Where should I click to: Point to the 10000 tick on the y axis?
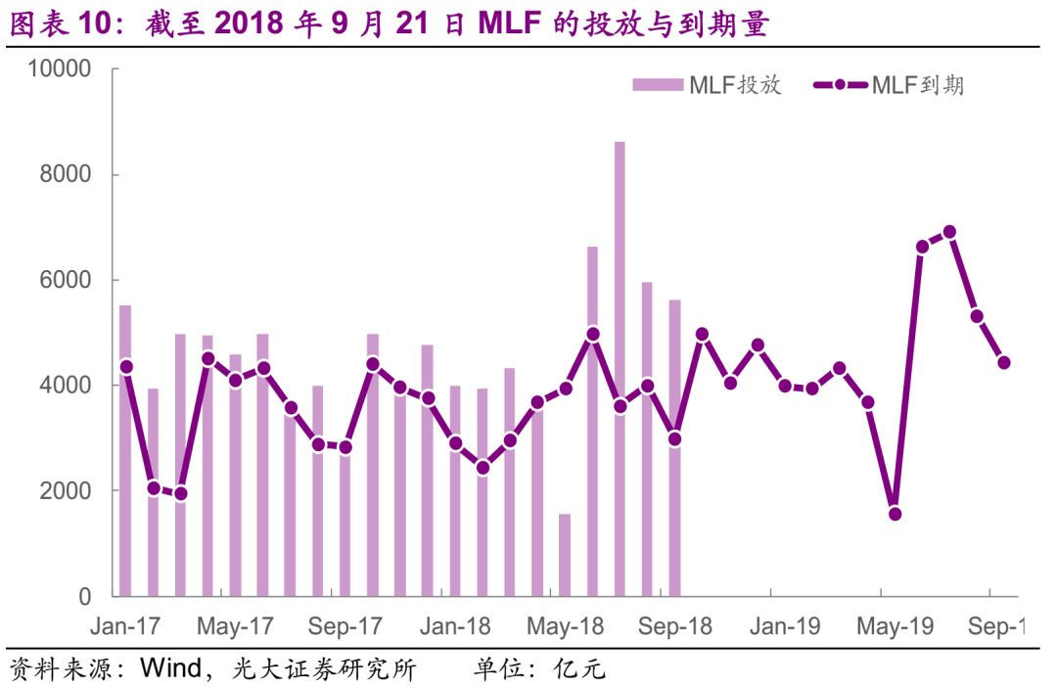point(61,69)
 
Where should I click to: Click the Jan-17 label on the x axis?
point(125,626)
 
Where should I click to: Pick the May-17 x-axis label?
point(236,626)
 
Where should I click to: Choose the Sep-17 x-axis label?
point(345,626)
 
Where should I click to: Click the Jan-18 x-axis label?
point(455,626)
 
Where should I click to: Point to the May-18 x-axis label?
point(565,626)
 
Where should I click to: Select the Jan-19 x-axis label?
point(785,626)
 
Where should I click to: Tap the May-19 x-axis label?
point(895,626)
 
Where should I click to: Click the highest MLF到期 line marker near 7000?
point(948,232)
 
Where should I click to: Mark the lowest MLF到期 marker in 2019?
point(895,514)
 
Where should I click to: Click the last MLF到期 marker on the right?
point(1003,362)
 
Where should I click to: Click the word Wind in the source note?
point(170,669)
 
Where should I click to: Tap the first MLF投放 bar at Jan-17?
point(125,450)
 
